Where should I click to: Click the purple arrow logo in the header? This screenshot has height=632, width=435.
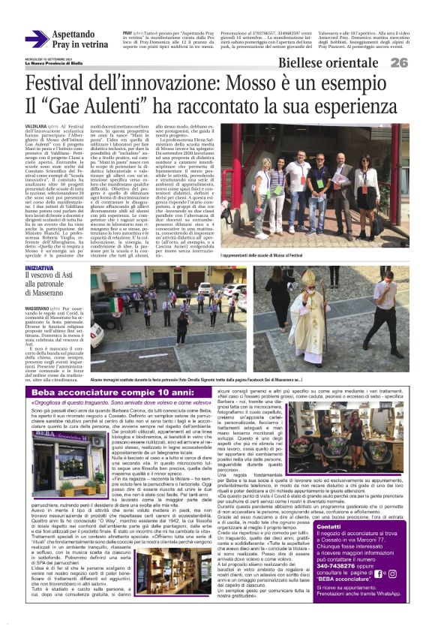[36, 40]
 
